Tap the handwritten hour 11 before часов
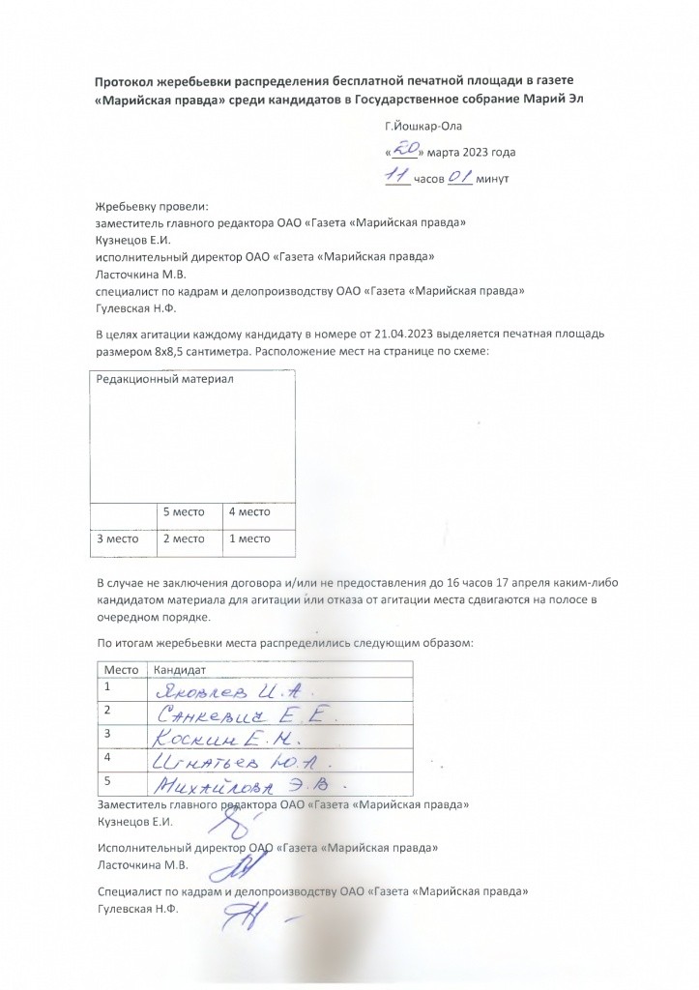coord(396,176)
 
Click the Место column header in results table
coord(122,669)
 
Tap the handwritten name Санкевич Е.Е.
coord(247,714)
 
